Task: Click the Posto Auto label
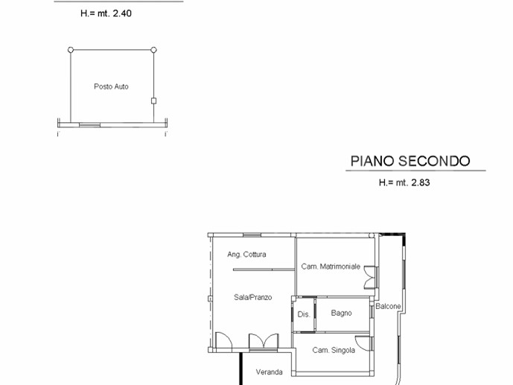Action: click(111, 86)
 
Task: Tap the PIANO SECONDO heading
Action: click(410, 161)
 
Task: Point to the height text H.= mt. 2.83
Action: click(404, 182)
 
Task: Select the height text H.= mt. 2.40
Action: click(106, 13)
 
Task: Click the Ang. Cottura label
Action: click(246, 254)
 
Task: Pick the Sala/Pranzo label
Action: click(253, 297)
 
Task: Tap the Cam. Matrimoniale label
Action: click(331, 267)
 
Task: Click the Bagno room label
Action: click(341, 313)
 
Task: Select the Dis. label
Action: click(304, 314)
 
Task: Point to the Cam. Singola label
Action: click(334, 350)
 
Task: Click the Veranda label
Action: click(270, 372)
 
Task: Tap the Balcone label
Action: click(388, 306)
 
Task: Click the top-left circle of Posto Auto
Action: click(71, 50)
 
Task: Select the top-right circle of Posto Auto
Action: click(154, 50)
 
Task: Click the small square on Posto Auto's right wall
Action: click(154, 101)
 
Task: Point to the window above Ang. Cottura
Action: click(252, 235)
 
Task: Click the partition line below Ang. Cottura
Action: click(264, 270)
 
